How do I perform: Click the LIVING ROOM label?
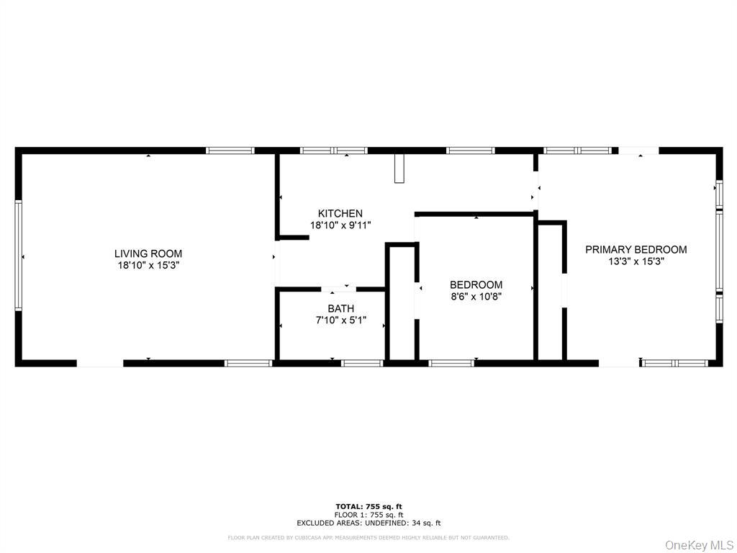click(x=148, y=253)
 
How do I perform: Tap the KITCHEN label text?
click(x=340, y=213)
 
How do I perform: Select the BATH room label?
click(x=340, y=309)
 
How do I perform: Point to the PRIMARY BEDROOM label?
click(x=636, y=250)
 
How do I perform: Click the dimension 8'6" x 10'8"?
click(x=476, y=296)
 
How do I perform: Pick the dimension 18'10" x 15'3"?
click(x=148, y=265)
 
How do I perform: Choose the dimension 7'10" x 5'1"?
click(x=340, y=320)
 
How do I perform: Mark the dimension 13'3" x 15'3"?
click(x=636, y=261)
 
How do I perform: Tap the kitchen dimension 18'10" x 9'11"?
click(x=340, y=225)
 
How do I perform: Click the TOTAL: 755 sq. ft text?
click(x=368, y=506)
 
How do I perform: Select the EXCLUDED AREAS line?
click(x=368, y=523)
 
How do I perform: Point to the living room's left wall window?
click(x=19, y=256)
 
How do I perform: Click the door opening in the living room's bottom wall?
click(x=100, y=363)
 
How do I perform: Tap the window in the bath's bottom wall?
click(x=361, y=363)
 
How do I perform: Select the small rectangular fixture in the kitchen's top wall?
click(x=399, y=168)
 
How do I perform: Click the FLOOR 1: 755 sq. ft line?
click(x=368, y=515)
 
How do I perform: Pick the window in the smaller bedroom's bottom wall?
click(x=451, y=363)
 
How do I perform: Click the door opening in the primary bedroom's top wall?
click(x=638, y=150)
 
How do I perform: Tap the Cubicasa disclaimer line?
click(x=368, y=537)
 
